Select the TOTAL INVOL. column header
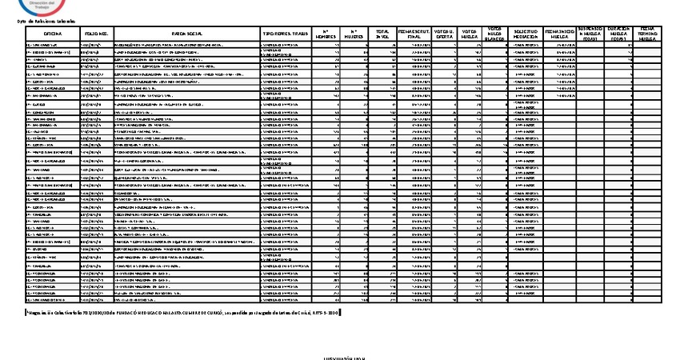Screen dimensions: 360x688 (x=382, y=34)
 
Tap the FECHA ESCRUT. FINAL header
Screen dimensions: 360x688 (x=414, y=34)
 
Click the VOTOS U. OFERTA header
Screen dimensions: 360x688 (x=446, y=34)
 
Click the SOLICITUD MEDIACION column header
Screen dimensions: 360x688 (x=526, y=34)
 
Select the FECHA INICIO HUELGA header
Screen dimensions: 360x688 (x=559, y=34)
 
